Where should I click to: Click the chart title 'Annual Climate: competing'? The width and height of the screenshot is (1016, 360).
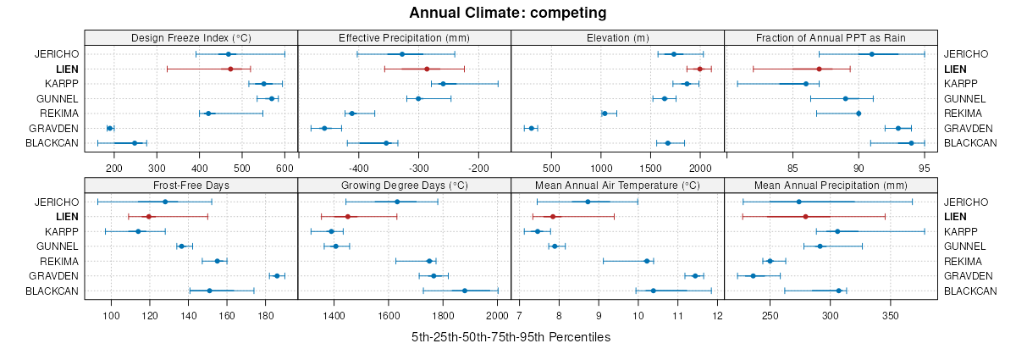coord(507,13)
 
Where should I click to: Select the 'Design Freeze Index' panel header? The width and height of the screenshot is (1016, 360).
coord(191,37)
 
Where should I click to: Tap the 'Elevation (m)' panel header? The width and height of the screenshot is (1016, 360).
coord(618,37)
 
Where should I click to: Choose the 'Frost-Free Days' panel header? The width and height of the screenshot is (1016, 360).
coord(191,186)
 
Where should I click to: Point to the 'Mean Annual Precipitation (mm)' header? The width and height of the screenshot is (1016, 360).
coord(831,186)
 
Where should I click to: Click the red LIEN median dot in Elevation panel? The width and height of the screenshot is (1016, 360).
coord(699,69)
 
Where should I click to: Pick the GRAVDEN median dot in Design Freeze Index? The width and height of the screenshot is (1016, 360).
coord(110,128)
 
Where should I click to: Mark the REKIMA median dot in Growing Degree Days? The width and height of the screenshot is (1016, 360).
coord(429,261)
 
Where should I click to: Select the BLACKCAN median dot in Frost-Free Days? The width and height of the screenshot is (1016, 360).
coord(209,291)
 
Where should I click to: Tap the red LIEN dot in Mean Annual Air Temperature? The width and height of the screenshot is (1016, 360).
coord(553,217)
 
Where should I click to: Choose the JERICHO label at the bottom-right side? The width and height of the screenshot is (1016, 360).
coord(966,202)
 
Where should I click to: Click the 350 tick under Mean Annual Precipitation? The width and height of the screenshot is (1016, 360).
coord(890,316)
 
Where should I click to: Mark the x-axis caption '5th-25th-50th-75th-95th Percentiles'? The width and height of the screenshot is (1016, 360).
coord(511,337)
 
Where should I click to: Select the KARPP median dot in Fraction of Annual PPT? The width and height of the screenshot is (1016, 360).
coord(806,84)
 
